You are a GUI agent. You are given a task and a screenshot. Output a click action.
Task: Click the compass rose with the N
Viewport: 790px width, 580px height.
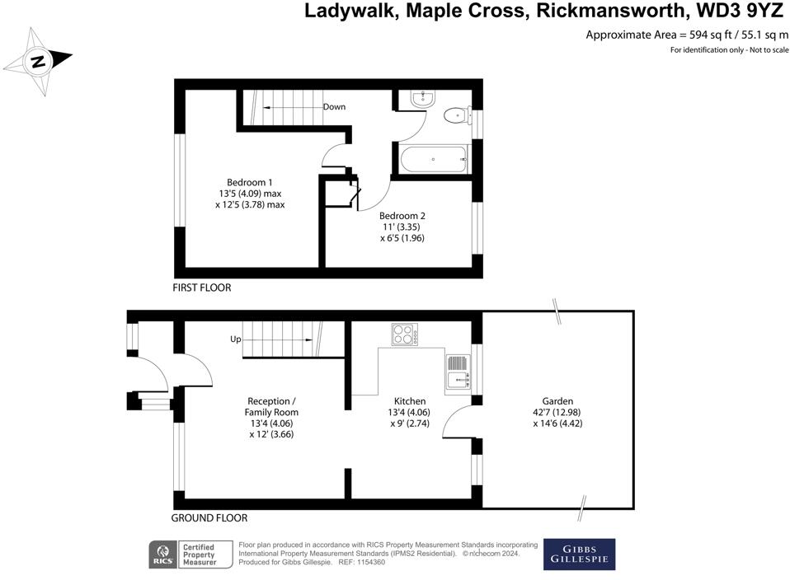click(x=38, y=61)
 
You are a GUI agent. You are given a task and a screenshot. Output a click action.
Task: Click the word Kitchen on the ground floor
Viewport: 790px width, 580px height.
click(x=410, y=401)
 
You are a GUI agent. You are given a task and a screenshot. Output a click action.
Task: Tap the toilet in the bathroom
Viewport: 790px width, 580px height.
click(x=454, y=116)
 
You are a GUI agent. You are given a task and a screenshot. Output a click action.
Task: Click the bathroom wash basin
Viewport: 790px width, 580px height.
click(x=421, y=99)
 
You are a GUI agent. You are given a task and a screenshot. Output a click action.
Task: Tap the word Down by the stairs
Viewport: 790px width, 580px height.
click(x=334, y=107)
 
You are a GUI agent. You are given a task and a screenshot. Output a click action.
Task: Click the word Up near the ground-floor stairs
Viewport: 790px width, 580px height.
click(x=235, y=339)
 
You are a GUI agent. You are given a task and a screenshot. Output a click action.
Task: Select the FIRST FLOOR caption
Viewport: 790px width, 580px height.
click(x=202, y=288)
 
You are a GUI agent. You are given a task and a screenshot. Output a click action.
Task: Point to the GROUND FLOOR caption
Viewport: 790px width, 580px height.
click(x=209, y=518)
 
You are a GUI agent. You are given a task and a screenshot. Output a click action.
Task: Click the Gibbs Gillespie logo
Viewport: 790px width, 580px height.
click(x=579, y=554)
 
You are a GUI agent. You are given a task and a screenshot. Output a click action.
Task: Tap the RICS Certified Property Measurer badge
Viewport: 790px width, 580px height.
click(x=183, y=554)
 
